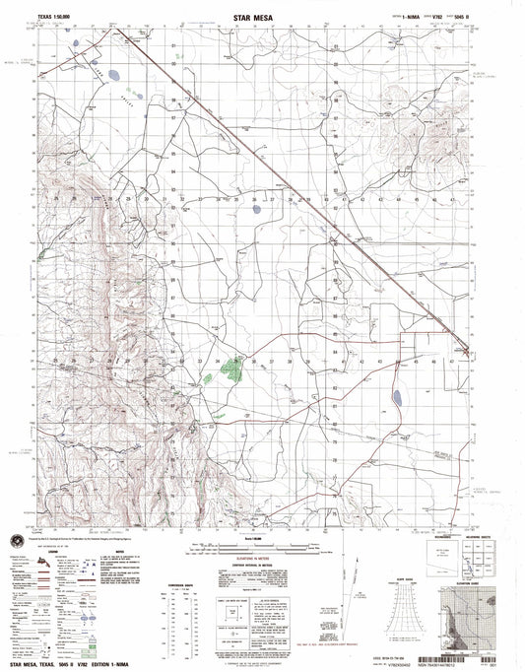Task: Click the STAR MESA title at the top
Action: [261, 16]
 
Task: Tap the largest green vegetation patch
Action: [231, 370]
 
